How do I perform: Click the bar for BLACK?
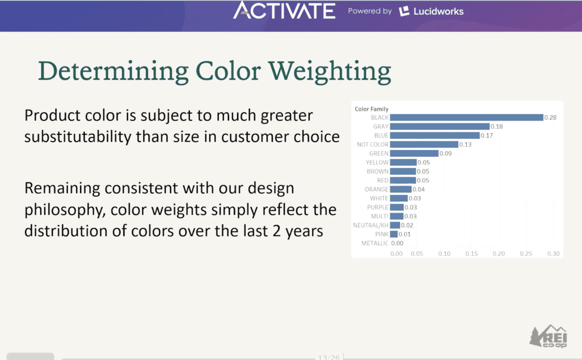(467, 117)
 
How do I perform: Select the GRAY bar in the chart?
(440, 126)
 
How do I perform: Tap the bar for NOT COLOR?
(424, 144)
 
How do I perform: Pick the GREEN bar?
(414, 154)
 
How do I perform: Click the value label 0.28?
(550, 117)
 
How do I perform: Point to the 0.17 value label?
(487, 135)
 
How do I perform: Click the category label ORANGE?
(376, 189)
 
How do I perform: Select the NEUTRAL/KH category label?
(371, 225)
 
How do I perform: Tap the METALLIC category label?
(375, 243)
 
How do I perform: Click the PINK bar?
(394, 234)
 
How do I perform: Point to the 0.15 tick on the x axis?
(471, 254)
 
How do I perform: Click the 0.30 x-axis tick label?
(553, 254)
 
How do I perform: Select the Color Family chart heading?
(372, 109)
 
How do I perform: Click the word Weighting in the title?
(330, 72)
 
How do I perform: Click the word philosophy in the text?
(63, 210)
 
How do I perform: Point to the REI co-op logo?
(548, 336)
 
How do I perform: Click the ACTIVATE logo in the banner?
(284, 10)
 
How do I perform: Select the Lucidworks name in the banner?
(438, 11)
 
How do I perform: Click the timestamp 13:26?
(329, 357)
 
